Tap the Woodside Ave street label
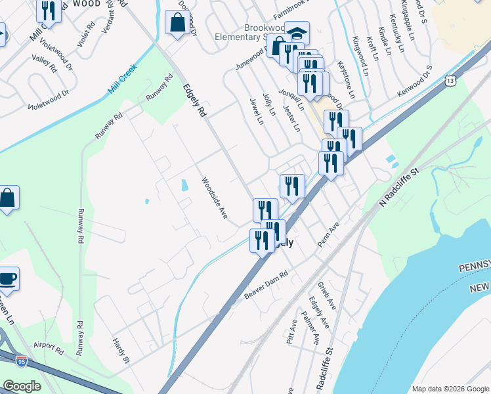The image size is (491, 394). point(214,198)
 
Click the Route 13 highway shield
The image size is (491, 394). point(450,81)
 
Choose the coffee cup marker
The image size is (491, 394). point(8,279)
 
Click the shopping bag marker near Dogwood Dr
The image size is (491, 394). point(177,23)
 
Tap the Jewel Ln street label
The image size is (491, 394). point(256,112)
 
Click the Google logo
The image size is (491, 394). point(21,386)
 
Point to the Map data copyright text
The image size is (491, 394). point(450,388)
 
